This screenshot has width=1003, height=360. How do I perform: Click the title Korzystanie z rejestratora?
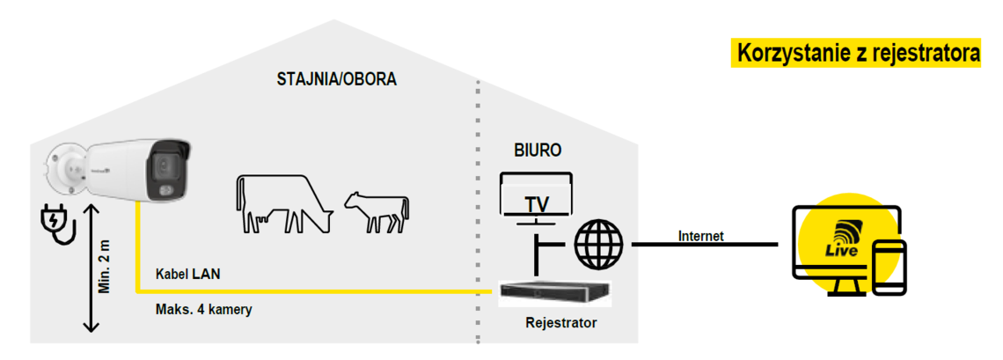pos(859,53)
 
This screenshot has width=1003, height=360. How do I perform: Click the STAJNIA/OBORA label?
pos(337,79)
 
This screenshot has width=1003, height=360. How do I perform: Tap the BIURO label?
pos(538,151)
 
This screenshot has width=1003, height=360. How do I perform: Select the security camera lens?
pos(163,165)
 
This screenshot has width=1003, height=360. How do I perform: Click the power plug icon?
pos(59,224)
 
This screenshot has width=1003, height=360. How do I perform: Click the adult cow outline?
pos(282,203)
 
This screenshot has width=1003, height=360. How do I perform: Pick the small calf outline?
pos(377,211)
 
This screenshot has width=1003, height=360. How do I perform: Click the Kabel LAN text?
pos(187,274)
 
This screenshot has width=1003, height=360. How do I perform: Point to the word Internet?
pos(701,236)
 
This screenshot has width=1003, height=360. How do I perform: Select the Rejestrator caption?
pos(560,323)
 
